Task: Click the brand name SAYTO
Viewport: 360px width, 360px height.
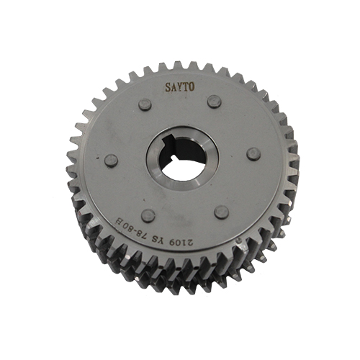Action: pos(179,87)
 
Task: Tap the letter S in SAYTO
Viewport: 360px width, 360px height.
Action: pos(168,88)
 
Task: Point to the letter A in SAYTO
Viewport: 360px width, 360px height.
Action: pos(174,87)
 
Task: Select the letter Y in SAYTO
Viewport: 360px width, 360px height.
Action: pos(180,87)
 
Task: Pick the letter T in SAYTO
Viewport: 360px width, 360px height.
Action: pos(185,87)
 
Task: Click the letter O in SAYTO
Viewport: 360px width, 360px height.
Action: pos(191,87)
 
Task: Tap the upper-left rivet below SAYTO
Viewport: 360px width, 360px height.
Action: pos(145,104)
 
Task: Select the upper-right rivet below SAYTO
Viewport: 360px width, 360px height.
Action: pos(214,102)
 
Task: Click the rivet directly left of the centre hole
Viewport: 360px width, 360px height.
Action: pos(111,161)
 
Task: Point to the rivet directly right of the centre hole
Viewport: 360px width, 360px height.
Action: pos(253,154)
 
